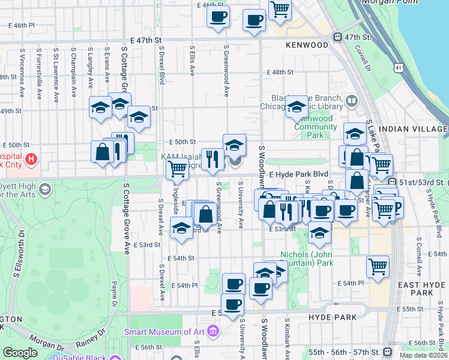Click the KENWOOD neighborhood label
tap(307, 45)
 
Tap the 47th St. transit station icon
tap(338, 37)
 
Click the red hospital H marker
tap(31, 160)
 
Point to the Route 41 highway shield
tap(399, 68)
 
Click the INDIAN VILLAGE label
tap(413, 129)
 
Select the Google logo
tap(20, 353)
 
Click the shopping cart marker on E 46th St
tap(280, 9)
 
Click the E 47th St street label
tap(142, 40)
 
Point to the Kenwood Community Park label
tap(315, 127)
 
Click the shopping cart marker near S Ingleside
tap(177, 170)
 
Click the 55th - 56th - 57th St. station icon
tap(387, 352)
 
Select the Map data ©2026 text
tap(423, 355)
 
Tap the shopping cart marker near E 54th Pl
tap(378, 266)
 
